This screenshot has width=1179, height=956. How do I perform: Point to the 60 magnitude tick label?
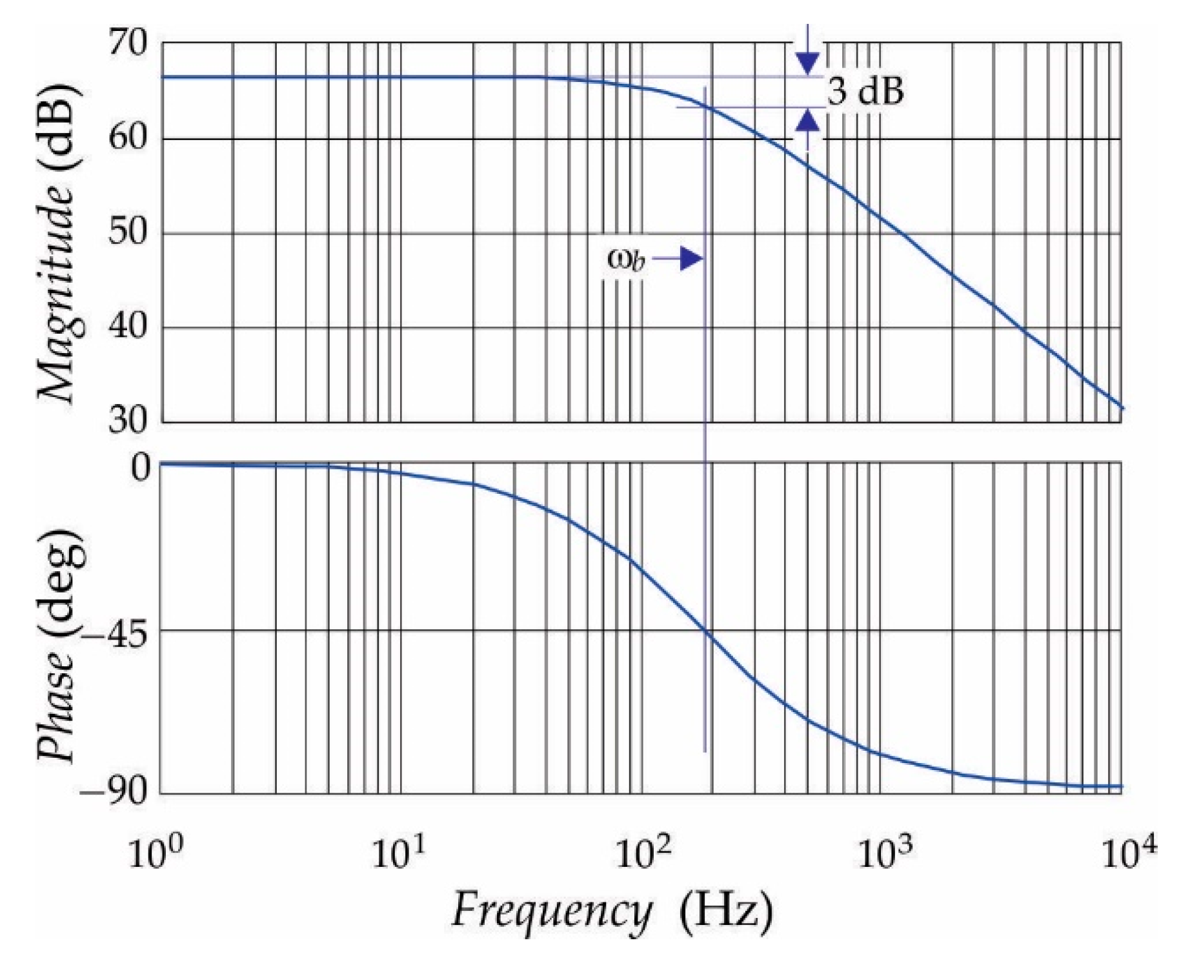(x=128, y=138)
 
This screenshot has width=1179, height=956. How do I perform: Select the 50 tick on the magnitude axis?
(x=128, y=232)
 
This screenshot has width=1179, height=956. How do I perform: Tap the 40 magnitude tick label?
(x=128, y=327)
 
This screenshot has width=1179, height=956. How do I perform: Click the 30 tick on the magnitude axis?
(x=128, y=421)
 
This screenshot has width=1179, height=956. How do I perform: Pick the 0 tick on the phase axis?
(x=141, y=467)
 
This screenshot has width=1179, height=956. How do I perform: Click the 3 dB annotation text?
(x=865, y=92)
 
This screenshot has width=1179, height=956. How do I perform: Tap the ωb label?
(x=625, y=259)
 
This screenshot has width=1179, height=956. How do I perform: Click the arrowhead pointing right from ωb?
(x=691, y=259)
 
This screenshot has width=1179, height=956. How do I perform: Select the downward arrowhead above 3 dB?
(x=807, y=63)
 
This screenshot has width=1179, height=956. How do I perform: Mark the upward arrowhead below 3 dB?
(x=807, y=121)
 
